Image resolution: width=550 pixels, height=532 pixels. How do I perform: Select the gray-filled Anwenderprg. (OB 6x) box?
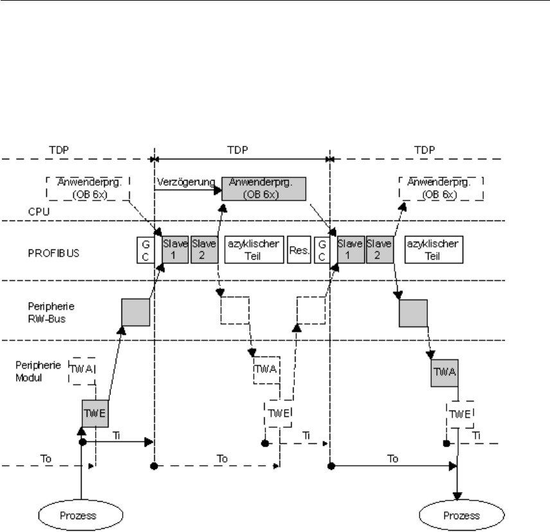pos(263,187)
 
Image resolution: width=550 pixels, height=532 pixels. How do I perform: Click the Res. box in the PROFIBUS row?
pos(299,248)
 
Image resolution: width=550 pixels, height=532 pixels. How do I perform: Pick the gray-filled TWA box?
pos(445,372)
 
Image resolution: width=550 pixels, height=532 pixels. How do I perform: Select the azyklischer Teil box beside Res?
pos(254,249)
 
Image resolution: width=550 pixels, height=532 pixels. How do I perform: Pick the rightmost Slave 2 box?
pos(378,249)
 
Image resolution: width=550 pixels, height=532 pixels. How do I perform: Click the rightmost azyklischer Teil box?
pos(434,249)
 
